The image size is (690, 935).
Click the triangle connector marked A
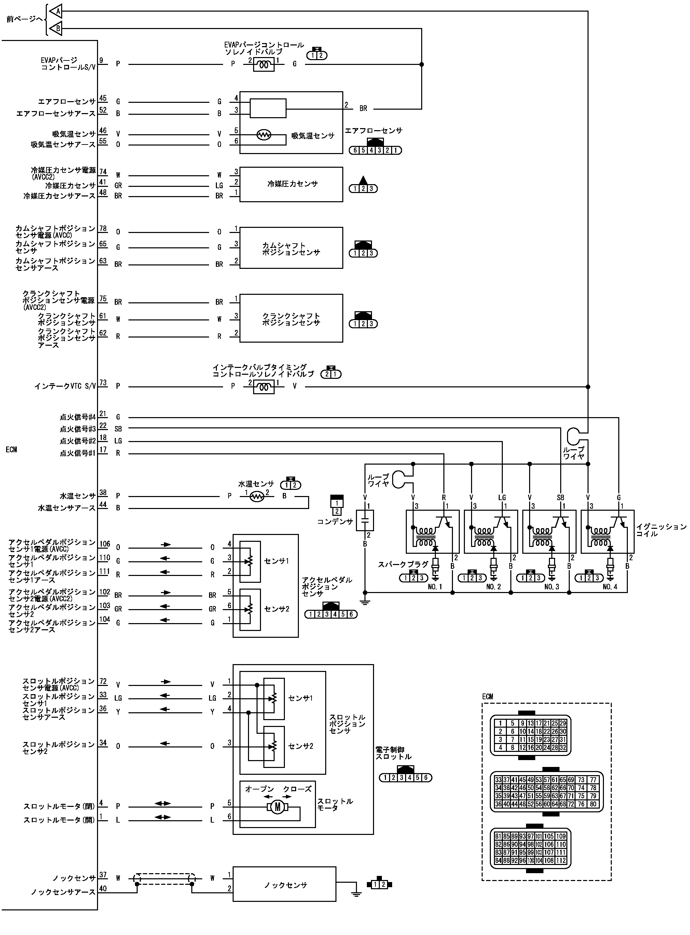coord(56,11)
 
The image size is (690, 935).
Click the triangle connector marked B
coord(56,28)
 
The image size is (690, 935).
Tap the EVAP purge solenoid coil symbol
coord(264,65)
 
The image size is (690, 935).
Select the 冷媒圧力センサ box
coord(291,184)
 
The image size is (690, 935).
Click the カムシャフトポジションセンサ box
coord(291,248)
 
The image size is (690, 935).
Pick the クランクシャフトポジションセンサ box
coord(291,318)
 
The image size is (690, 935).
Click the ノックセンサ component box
coord(285,884)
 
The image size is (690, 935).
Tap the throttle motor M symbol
coord(277,807)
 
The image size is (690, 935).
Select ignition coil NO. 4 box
coord(608,532)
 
